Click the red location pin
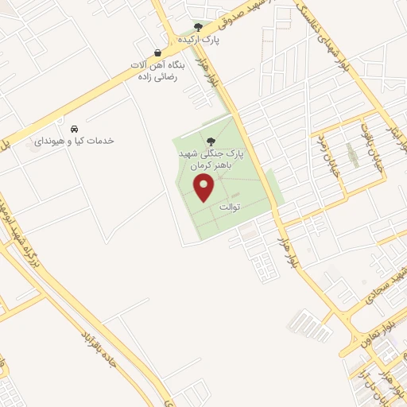[x=204, y=188]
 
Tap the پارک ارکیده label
[x=199, y=38]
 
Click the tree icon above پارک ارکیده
[x=199, y=27]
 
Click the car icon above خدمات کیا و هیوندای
[x=74, y=129]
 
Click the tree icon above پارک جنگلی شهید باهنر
[x=211, y=141]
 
